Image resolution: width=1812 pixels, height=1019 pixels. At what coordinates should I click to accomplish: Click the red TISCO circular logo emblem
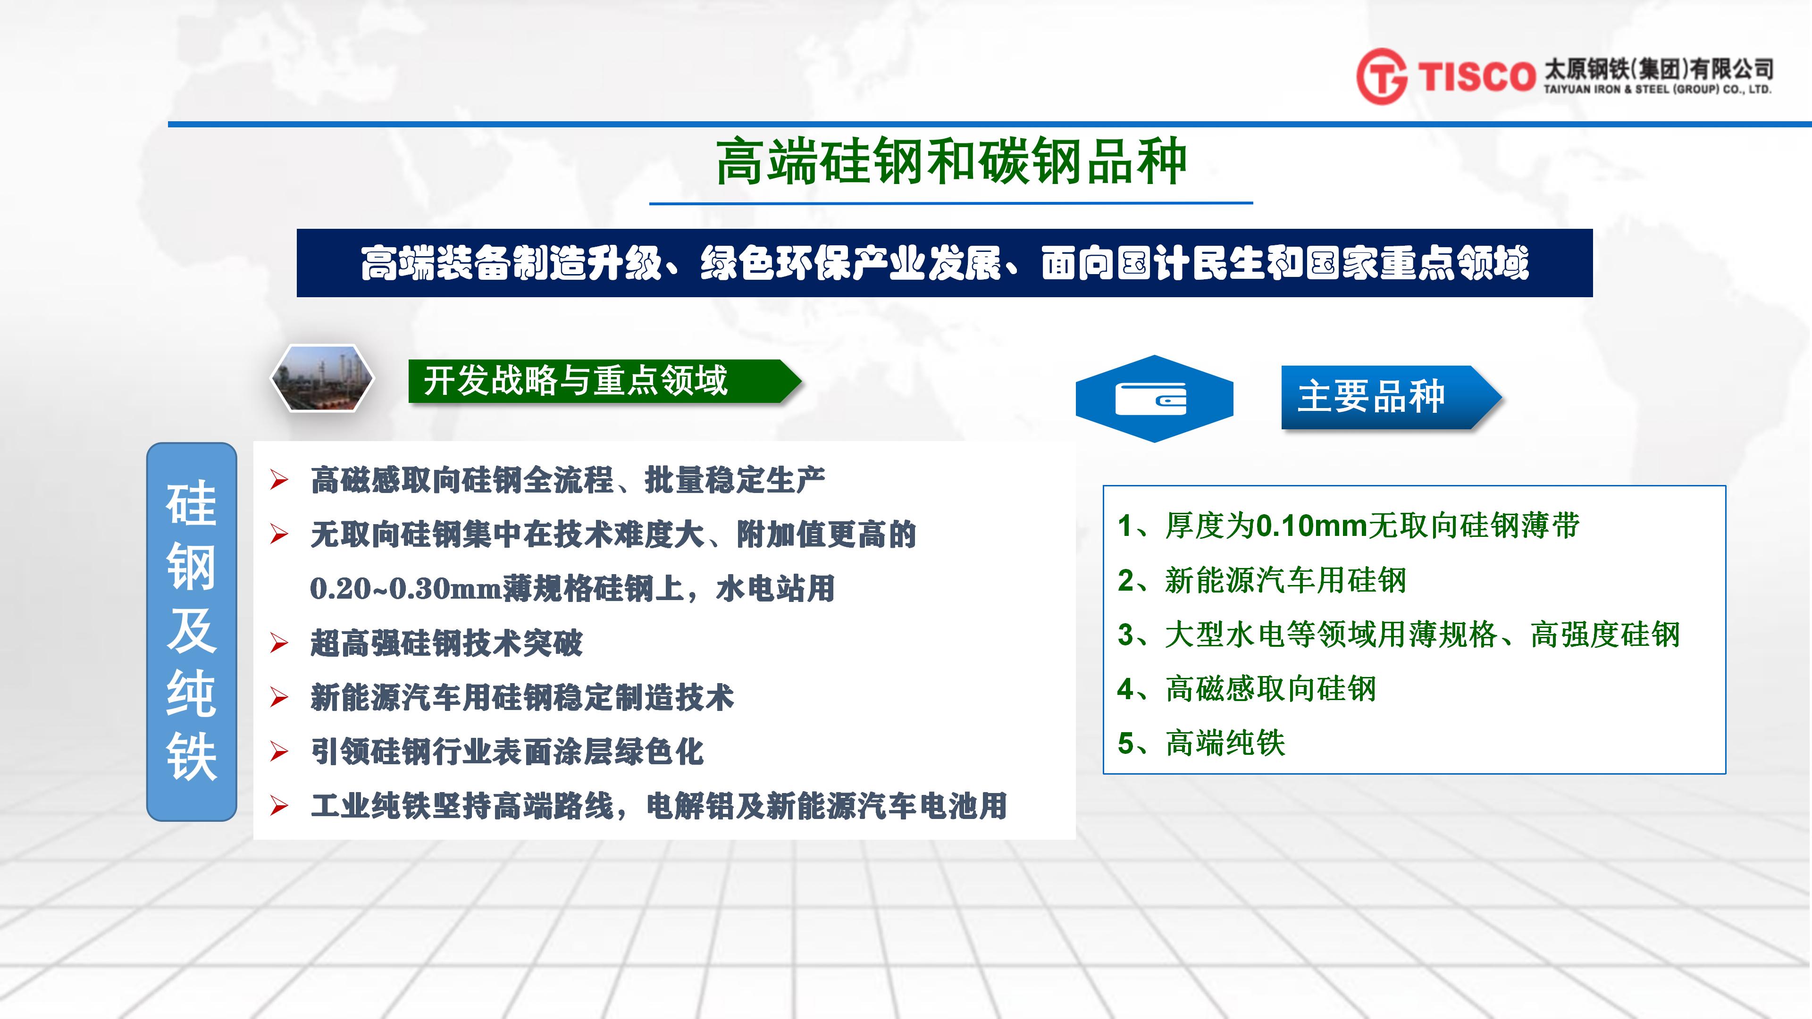pyautogui.click(x=1382, y=76)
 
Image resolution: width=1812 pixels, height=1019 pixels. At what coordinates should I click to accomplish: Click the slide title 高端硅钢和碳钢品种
pyautogui.click(x=951, y=162)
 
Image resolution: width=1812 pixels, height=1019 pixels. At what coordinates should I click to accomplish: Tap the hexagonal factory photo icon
pyautogui.click(x=322, y=377)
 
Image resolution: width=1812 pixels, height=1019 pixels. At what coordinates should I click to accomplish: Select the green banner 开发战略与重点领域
pyautogui.click(x=605, y=381)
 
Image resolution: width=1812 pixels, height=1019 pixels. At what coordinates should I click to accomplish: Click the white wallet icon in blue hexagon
pyautogui.click(x=1151, y=399)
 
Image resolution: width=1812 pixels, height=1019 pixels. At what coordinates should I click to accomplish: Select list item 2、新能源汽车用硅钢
pyautogui.click(x=1261, y=581)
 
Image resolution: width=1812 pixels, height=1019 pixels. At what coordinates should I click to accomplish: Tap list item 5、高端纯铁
pyautogui.click(x=1201, y=743)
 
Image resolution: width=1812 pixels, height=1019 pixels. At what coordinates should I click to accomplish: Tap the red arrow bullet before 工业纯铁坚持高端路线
pyautogui.click(x=279, y=806)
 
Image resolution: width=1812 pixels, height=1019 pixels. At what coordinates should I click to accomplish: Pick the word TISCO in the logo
pyautogui.click(x=1476, y=76)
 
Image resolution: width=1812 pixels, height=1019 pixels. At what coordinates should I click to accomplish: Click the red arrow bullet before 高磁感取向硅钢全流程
pyautogui.click(x=279, y=480)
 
